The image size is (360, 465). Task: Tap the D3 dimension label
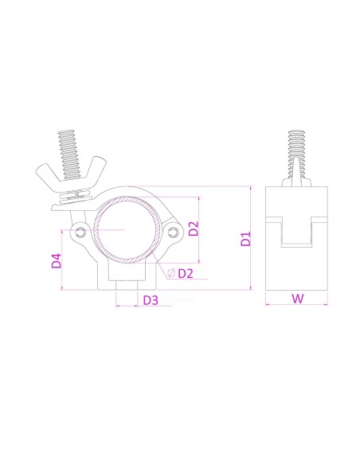151,301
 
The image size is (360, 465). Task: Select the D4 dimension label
56,260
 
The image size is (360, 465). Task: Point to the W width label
296,299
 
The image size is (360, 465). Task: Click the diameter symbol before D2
170,274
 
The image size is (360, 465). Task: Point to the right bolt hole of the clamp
175,232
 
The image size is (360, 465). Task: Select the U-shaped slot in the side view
296,231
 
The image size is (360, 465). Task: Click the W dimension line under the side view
296,304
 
